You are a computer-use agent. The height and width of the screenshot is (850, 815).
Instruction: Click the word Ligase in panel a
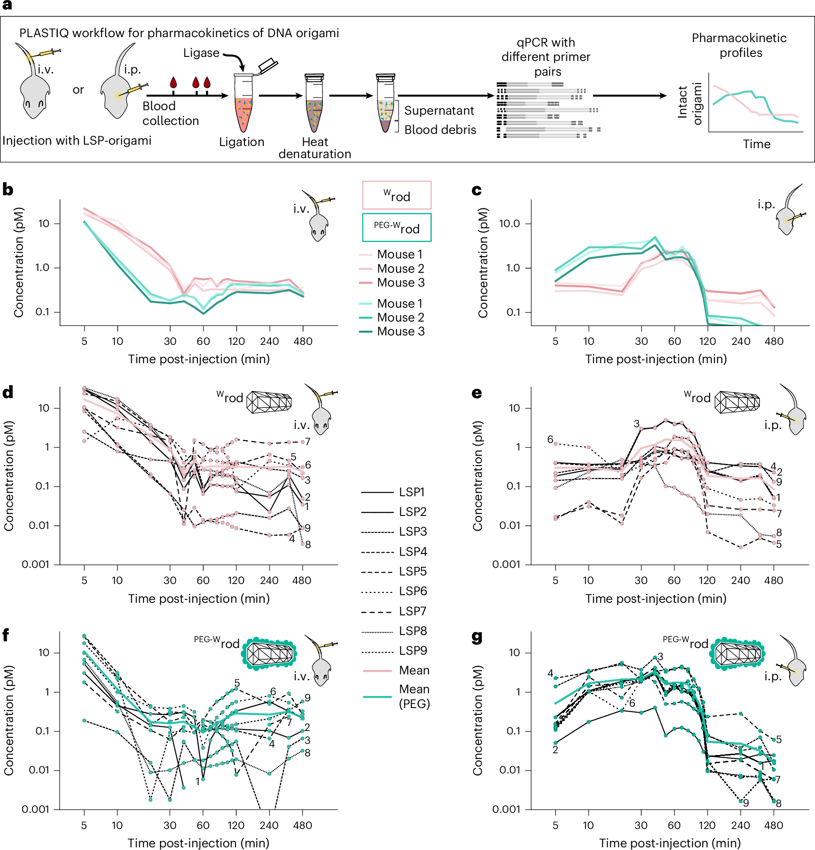pyautogui.click(x=201, y=53)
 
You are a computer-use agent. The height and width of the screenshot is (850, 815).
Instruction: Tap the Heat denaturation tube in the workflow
pyautogui.click(x=314, y=104)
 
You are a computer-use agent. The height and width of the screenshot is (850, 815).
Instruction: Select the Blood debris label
pyautogui.click(x=440, y=130)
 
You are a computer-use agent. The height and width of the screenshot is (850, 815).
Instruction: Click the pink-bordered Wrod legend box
pyautogui.click(x=396, y=195)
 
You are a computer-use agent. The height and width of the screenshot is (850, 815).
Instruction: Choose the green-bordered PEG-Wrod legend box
pyautogui.click(x=396, y=228)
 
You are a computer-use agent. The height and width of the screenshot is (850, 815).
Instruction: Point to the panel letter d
pyautogui.click(x=8, y=392)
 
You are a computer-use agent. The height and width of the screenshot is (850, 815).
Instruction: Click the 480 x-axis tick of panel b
pyautogui.click(x=303, y=341)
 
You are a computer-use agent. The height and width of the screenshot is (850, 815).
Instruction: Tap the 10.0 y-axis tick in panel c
pyautogui.click(x=509, y=223)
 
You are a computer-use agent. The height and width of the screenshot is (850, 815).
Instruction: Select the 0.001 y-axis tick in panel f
pyautogui.click(x=35, y=809)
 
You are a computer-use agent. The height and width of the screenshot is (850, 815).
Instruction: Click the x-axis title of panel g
pyautogui.click(x=669, y=843)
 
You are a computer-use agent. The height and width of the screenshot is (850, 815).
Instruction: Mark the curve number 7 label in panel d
pyautogui.click(x=308, y=442)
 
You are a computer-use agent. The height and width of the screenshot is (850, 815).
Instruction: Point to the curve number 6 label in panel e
pyautogui.click(x=550, y=439)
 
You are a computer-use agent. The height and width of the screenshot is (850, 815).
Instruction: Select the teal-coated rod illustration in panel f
pyautogui.click(x=269, y=653)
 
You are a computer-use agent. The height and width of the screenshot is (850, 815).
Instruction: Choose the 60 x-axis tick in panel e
pyautogui.click(x=674, y=580)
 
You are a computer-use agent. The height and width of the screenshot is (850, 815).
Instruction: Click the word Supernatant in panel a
pyautogui.click(x=439, y=111)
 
